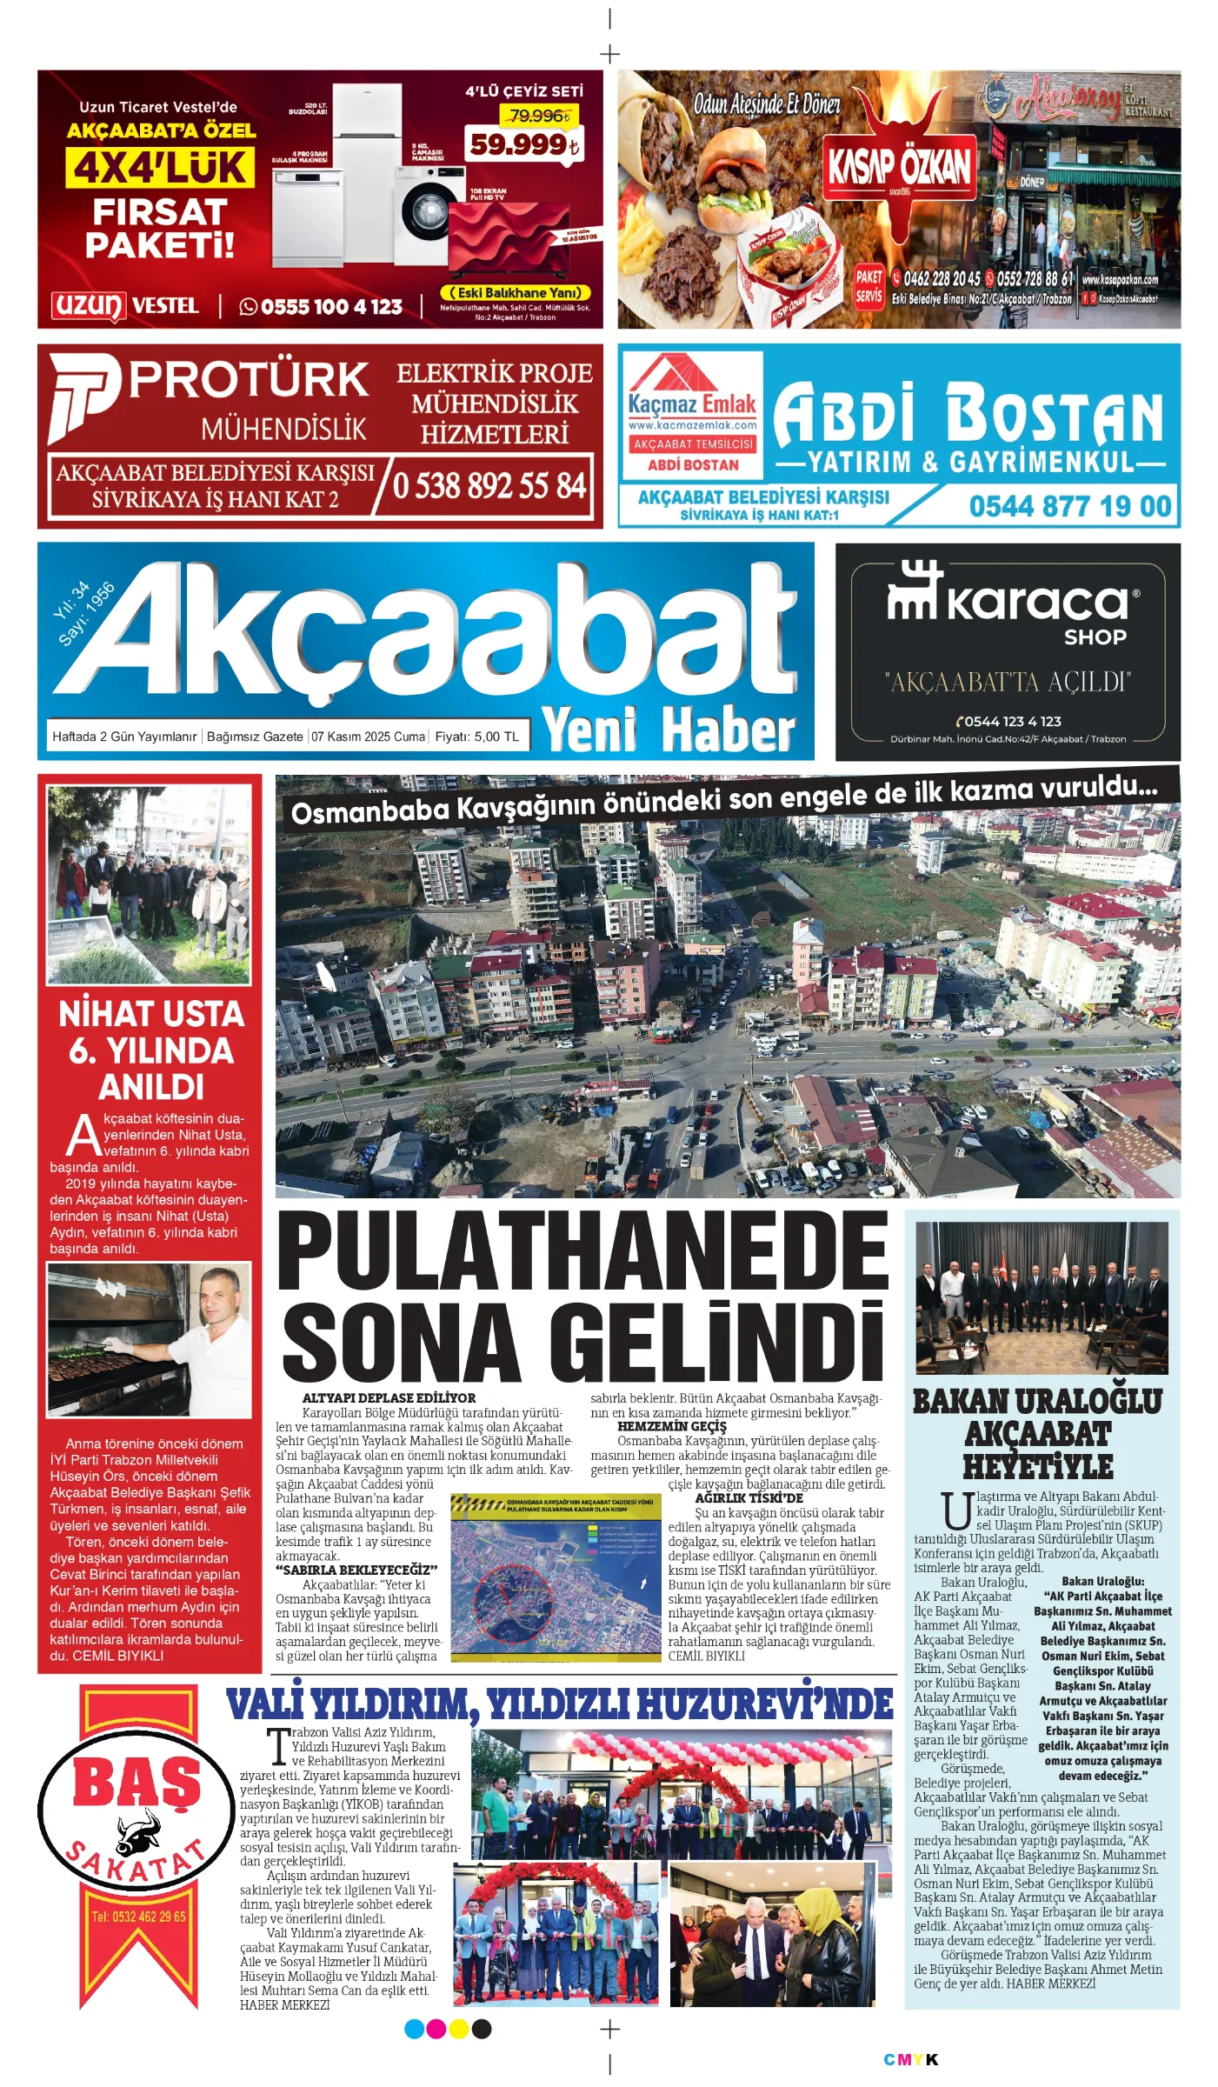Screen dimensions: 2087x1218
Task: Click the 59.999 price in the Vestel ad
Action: coord(523,143)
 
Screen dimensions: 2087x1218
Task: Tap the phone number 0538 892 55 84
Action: coord(489,485)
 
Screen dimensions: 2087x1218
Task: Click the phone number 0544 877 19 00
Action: coord(1069,506)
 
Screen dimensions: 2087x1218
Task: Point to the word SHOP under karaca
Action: coord(1095,637)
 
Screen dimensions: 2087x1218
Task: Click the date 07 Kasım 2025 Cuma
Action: coord(369,737)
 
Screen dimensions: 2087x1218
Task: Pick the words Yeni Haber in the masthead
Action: coord(668,729)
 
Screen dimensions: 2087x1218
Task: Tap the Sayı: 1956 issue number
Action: coord(87,616)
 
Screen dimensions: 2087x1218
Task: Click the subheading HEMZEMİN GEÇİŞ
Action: coord(671,1426)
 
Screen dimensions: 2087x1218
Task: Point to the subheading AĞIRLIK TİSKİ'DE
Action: coord(749,1498)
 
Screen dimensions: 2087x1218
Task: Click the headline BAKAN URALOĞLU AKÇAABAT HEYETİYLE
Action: coord(1037,1434)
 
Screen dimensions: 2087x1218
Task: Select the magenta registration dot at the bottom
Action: coord(436,2030)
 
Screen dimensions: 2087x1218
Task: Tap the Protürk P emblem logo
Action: coord(83,397)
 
